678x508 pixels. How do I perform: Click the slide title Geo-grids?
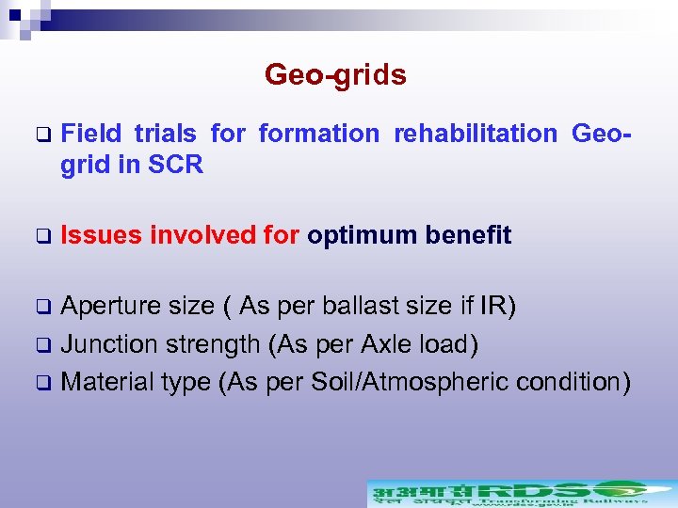click(x=335, y=74)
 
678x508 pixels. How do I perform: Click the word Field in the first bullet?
click(x=90, y=134)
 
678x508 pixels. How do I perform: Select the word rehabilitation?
click(x=476, y=134)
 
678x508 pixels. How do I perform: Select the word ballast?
click(x=359, y=307)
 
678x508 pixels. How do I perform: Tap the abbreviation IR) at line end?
click(x=495, y=307)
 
